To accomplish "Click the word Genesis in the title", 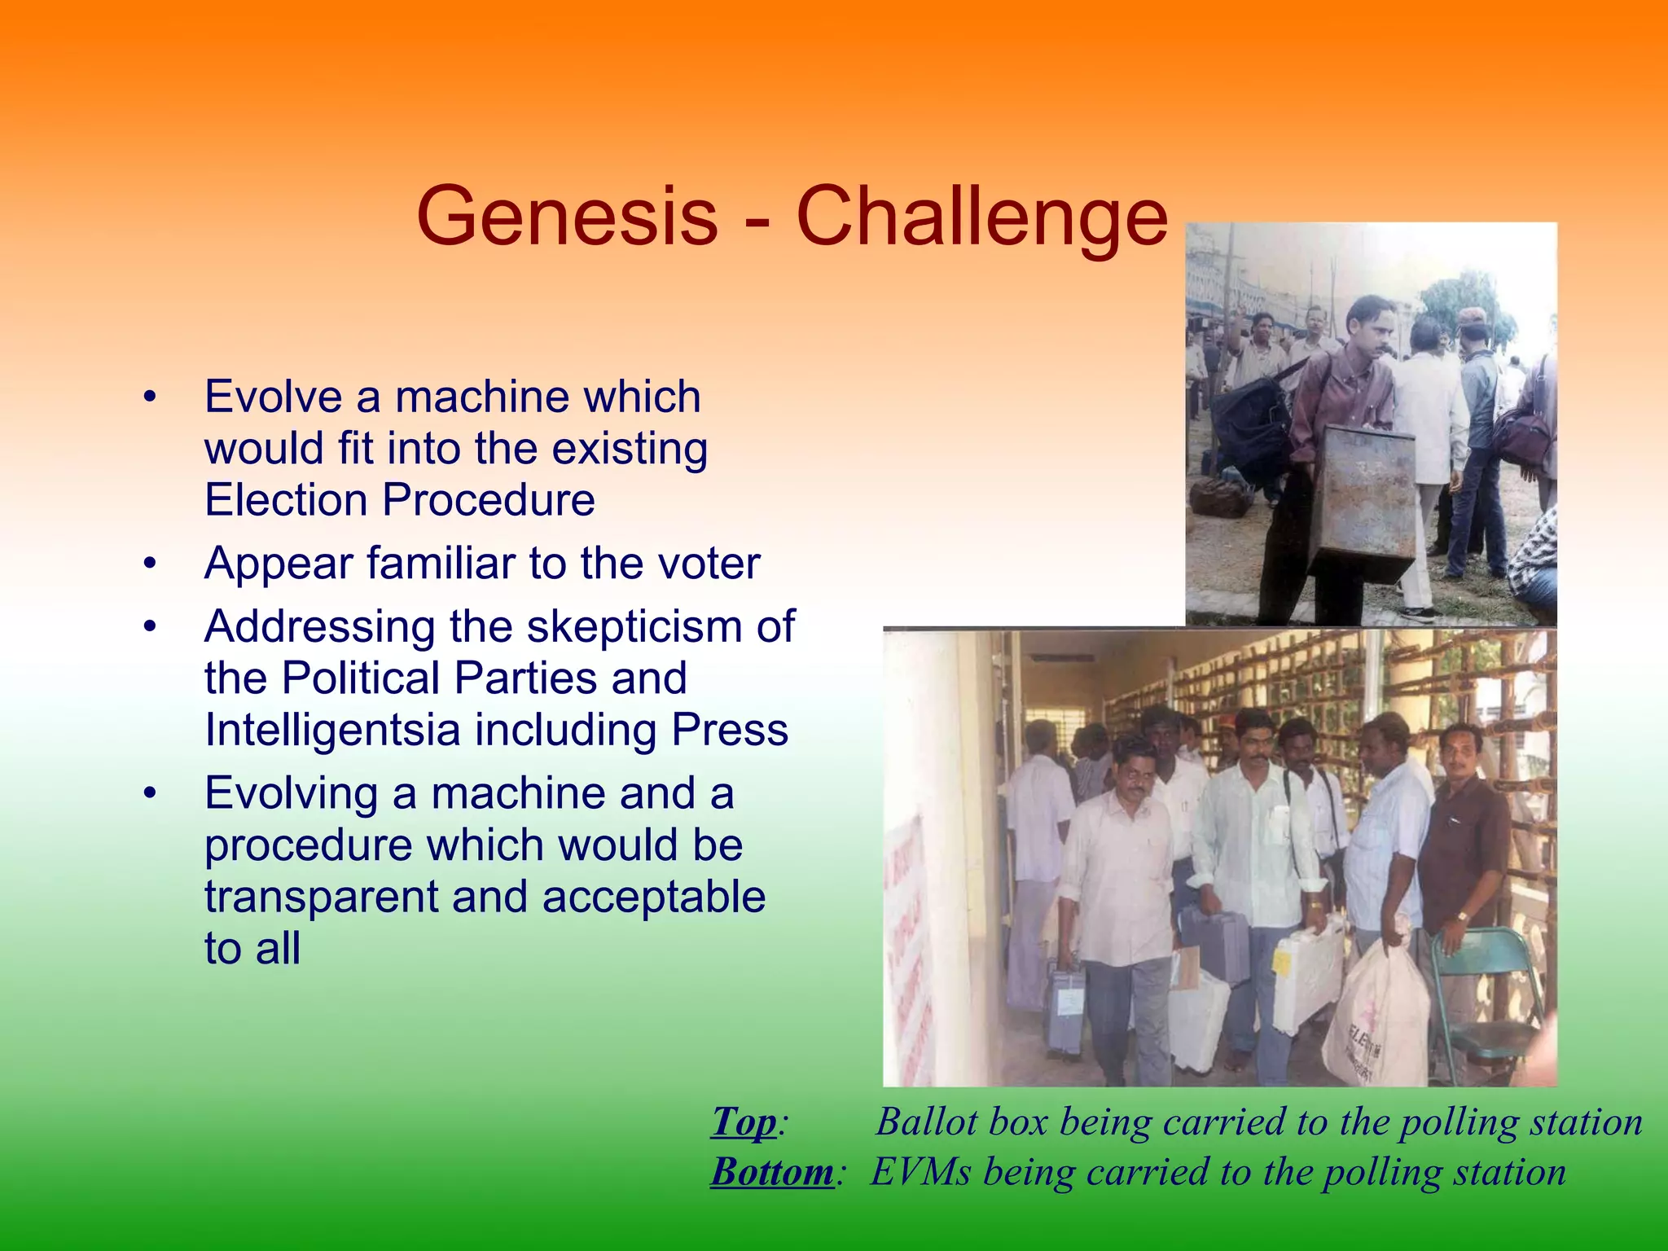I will click(x=567, y=217).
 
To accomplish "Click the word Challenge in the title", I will click(x=981, y=217).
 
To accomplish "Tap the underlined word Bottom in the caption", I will click(x=772, y=1173).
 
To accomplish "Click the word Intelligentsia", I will click(x=332, y=729).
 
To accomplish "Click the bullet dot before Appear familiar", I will click(x=148, y=564).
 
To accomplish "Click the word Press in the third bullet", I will click(x=730, y=729).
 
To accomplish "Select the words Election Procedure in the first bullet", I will click(x=399, y=499).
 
